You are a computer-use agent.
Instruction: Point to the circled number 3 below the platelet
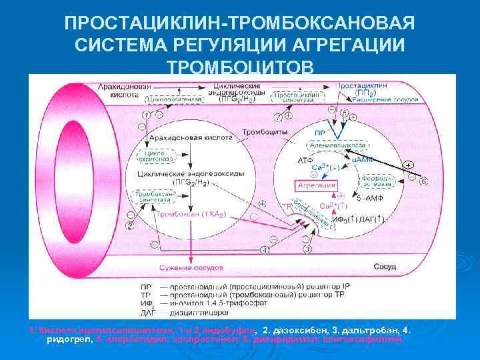tap(307, 249)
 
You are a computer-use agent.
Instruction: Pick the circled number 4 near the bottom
tap(265, 250)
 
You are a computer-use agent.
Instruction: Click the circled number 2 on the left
tap(129, 225)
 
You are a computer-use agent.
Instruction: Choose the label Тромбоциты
tap(265, 131)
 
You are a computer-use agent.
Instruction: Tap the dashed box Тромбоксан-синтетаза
tap(157, 197)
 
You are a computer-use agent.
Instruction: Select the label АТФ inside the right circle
tap(305, 161)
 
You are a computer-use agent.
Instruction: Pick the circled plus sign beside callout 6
tap(408, 164)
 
